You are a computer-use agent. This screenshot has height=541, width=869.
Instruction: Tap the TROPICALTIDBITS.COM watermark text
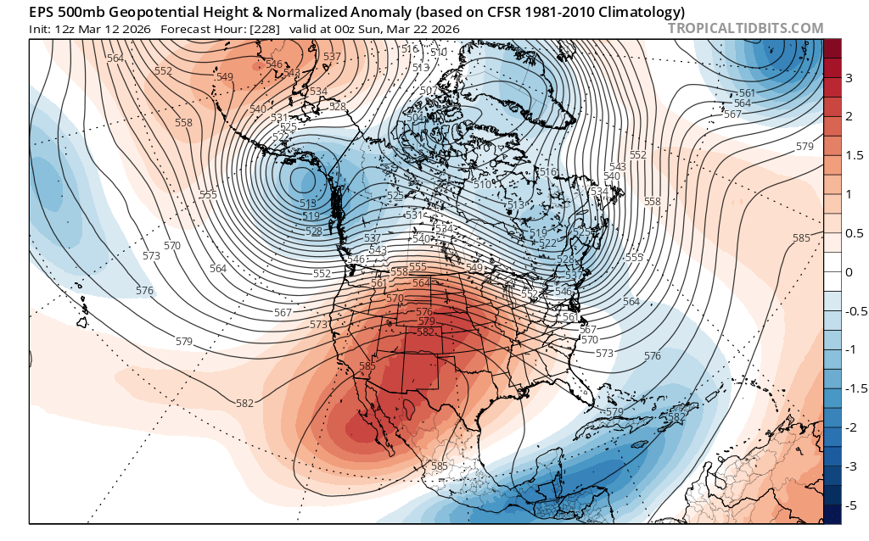point(746,28)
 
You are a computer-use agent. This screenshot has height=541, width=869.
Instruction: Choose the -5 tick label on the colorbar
point(849,505)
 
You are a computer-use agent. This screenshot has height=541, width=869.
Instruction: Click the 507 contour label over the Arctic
point(428,90)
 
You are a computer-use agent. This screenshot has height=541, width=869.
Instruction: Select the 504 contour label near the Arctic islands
point(416,117)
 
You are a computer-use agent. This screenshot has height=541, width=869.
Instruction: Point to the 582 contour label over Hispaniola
point(676,417)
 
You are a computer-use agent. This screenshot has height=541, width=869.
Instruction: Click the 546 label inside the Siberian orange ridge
point(274,64)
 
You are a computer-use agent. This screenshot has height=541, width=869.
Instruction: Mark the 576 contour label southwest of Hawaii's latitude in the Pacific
point(144,291)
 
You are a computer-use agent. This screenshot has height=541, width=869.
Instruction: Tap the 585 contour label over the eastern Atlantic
point(801,238)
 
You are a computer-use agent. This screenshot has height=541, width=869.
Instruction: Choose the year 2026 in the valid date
point(445,29)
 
